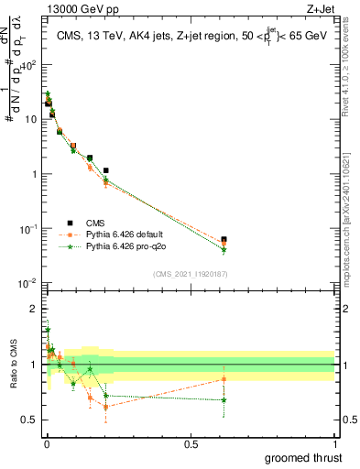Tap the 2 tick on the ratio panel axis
pyautogui.click(x=33, y=308)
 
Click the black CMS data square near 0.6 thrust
pyautogui.click(x=224, y=240)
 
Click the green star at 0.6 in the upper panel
pyautogui.click(x=224, y=250)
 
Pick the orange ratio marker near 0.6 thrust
pyautogui.click(x=224, y=379)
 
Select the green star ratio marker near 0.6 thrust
pyautogui.click(x=224, y=399)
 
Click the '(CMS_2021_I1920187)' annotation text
pyautogui.click(x=191, y=274)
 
